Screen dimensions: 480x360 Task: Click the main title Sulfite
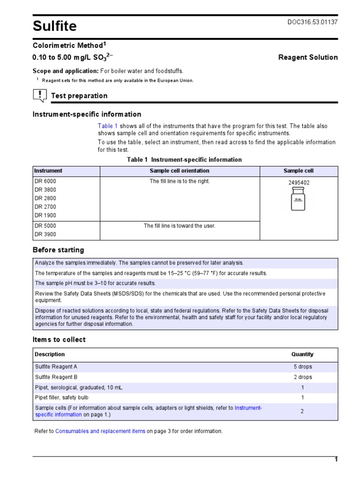tap(54, 26)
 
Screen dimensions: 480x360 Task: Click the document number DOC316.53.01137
tap(313, 22)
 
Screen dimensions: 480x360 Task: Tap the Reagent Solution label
tap(307, 57)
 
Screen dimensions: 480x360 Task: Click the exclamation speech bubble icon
tap(40, 96)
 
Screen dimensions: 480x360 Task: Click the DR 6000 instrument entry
tap(45, 181)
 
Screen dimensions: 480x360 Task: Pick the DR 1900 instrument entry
tap(45, 216)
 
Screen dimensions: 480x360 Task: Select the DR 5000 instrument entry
tap(45, 226)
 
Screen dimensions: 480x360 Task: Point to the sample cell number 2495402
tap(299, 183)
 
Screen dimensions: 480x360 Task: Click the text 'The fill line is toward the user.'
tap(180, 226)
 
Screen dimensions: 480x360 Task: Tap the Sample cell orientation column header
tap(180, 171)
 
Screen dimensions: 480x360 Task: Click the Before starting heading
tap(58, 250)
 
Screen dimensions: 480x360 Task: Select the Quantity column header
tap(302, 354)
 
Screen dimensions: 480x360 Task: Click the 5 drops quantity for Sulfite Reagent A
tap(302, 367)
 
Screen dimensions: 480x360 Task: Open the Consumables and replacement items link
tap(100, 431)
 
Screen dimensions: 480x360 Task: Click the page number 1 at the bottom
tap(336, 460)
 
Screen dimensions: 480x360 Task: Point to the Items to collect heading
tap(59, 340)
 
